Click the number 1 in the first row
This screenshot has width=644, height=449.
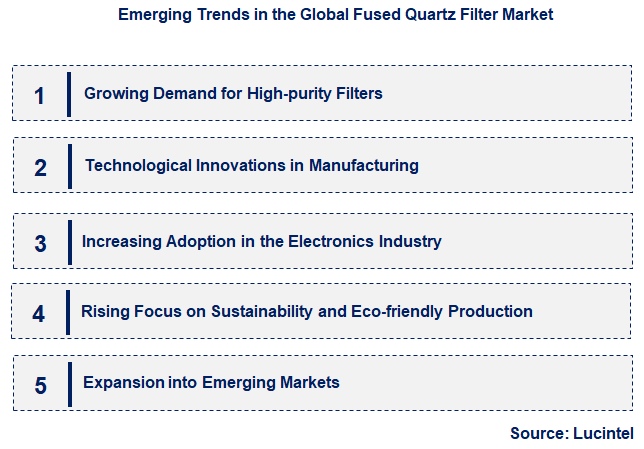[x=39, y=95]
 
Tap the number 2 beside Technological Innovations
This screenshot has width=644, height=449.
[x=40, y=167]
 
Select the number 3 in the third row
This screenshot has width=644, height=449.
[x=40, y=243]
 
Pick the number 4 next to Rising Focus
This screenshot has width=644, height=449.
[x=39, y=313]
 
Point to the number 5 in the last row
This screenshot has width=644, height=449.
[x=40, y=385]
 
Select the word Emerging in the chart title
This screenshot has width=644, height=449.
[x=152, y=15]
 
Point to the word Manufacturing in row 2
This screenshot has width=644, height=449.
[x=363, y=165]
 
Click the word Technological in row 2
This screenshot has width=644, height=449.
[x=139, y=165]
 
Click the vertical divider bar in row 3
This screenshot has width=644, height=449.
[x=70, y=242]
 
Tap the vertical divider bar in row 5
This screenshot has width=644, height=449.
[x=70, y=384]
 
